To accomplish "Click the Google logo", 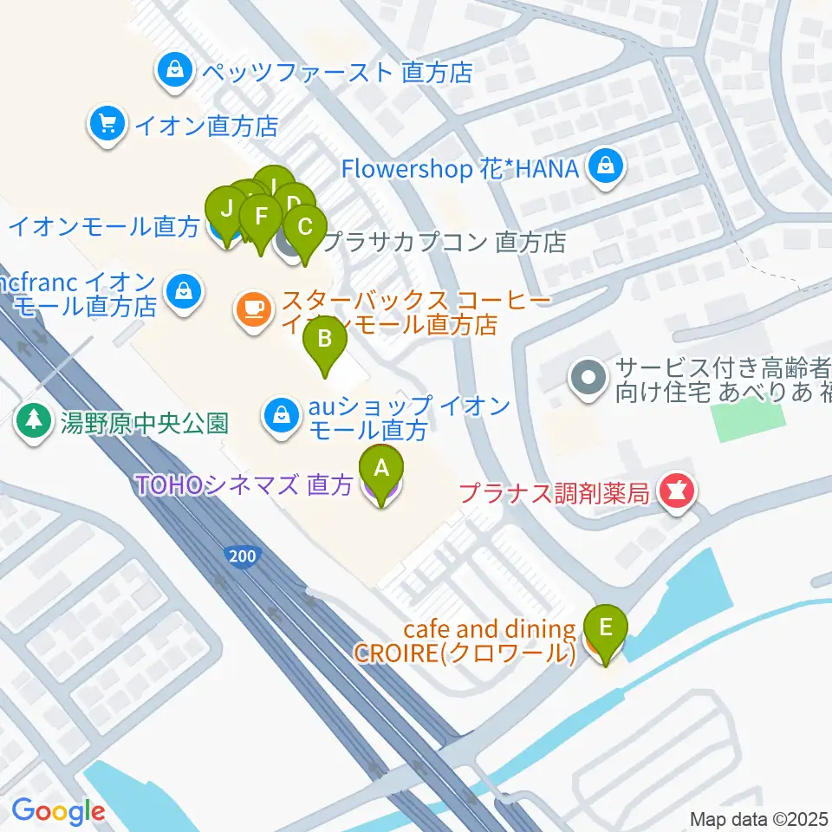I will pos(58,812).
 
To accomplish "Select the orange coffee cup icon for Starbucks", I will pos(253,309).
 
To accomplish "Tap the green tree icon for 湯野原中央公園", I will pos(34,422).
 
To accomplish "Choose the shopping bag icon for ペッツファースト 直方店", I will pos(174,70).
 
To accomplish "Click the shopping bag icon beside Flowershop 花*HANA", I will pos(605,167).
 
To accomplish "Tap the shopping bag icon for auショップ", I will pos(281,413).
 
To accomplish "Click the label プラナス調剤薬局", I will pos(554,493).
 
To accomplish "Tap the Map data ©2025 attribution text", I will pos(759,818).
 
